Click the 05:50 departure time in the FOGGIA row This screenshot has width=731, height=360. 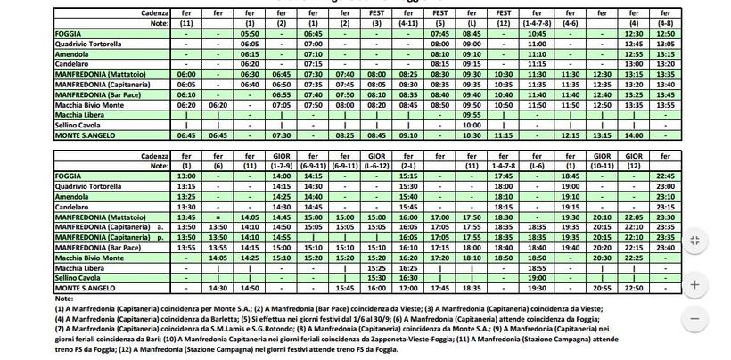(x=250, y=33)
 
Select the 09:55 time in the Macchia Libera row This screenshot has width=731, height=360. (x=472, y=114)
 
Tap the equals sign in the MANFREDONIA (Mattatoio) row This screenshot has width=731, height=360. (x=218, y=217)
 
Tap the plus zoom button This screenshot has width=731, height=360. (x=695, y=284)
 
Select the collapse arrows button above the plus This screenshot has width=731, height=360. (x=695, y=241)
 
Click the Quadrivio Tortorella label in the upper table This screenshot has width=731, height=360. (x=90, y=43)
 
